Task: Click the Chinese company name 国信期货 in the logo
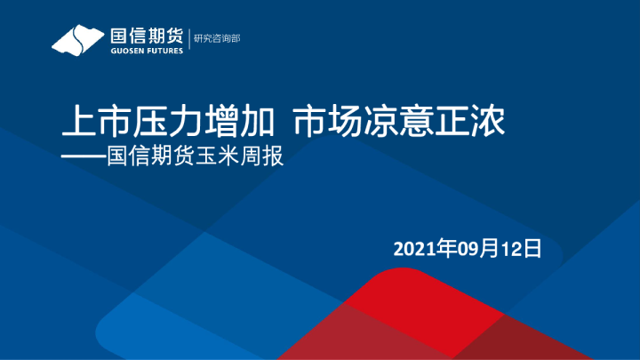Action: [x=146, y=36]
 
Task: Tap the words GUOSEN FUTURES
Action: [x=146, y=51]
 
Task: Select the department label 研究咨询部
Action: [x=218, y=39]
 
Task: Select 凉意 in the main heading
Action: [x=400, y=122]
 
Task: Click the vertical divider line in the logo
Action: [x=189, y=41]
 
